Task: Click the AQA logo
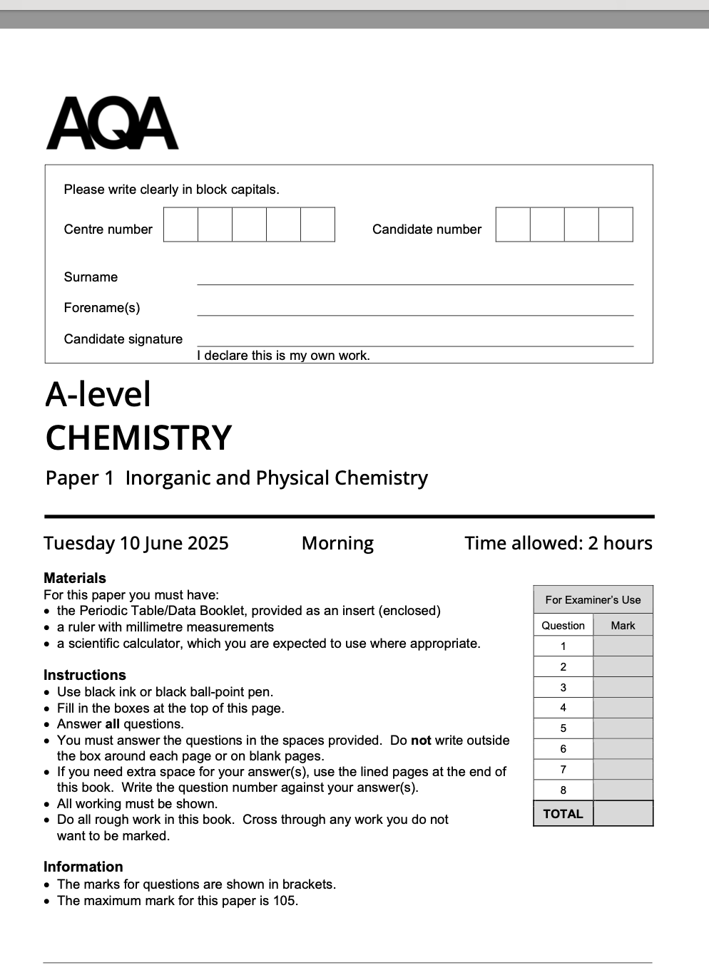(x=112, y=124)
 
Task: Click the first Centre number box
(x=180, y=225)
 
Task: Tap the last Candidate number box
(x=616, y=225)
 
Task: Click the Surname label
(x=91, y=277)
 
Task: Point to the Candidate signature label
(x=123, y=339)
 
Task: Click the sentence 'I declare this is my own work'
(x=283, y=356)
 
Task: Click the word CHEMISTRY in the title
(x=138, y=438)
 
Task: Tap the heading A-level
(x=98, y=394)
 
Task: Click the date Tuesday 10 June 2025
(x=136, y=543)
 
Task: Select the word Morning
(x=337, y=543)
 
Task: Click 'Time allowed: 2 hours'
(x=558, y=543)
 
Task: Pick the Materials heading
(x=74, y=578)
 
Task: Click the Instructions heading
(x=84, y=675)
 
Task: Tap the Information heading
(x=83, y=867)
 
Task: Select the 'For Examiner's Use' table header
(x=593, y=600)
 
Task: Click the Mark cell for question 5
(x=623, y=728)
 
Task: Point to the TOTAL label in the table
(x=563, y=814)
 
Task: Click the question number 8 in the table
(x=563, y=790)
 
